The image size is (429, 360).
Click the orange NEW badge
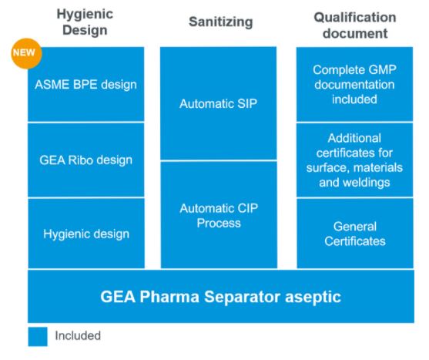click(26, 53)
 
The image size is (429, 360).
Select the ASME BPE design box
click(86, 84)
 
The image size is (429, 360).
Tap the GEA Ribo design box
click(86, 160)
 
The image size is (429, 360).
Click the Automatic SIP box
click(218, 103)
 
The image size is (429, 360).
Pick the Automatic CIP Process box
click(219, 215)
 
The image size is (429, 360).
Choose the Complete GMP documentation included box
click(354, 84)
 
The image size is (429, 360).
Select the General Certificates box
click(355, 234)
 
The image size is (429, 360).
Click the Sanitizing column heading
click(221, 22)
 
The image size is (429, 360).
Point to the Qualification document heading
click(355, 25)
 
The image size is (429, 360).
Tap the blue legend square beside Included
click(38, 336)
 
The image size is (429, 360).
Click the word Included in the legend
click(78, 335)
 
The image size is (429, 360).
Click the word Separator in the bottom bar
click(242, 297)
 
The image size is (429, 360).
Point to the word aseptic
click(313, 298)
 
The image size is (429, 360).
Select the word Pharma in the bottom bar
click(169, 297)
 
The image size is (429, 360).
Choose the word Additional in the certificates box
click(354, 138)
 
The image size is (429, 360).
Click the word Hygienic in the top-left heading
click(85, 15)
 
